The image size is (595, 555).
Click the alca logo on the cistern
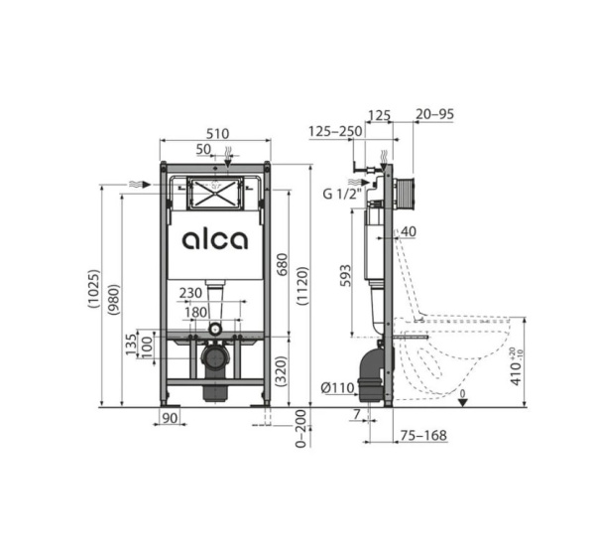pyautogui.click(x=215, y=240)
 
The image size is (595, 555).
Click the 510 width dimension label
pyautogui.click(x=217, y=134)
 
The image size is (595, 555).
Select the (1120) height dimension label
pyautogui.click(x=302, y=286)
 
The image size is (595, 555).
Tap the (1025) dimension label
pyautogui.click(x=93, y=288)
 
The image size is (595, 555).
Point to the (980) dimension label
pyautogui.click(x=114, y=299)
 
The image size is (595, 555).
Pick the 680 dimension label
pyautogui.click(x=282, y=264)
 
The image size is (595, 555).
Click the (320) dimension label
pyautogui.click(x=282, y=371)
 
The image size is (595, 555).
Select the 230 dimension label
pyautogui.click(x=190, y=293)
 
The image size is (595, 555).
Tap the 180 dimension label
pyautogui.click(x=195, y=313)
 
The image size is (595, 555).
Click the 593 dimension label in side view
pyautogui.click(x=345, y=276)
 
